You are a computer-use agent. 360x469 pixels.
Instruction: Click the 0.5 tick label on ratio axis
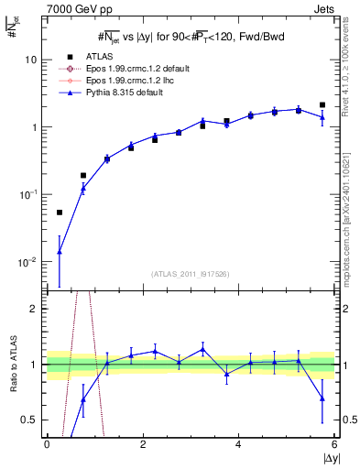coord(30,420)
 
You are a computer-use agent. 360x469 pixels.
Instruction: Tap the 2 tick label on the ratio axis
coord(34,309)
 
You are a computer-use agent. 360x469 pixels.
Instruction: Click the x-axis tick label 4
coord(238,446)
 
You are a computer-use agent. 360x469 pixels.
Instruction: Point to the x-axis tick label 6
coord(334,446)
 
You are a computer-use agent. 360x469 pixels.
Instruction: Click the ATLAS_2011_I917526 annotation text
coord(191,274)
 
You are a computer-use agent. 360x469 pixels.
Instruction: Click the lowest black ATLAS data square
coord(60,213)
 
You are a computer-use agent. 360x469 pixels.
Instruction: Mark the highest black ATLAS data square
coord(322,105)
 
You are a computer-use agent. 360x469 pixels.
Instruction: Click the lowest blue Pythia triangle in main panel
coord(60,251)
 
